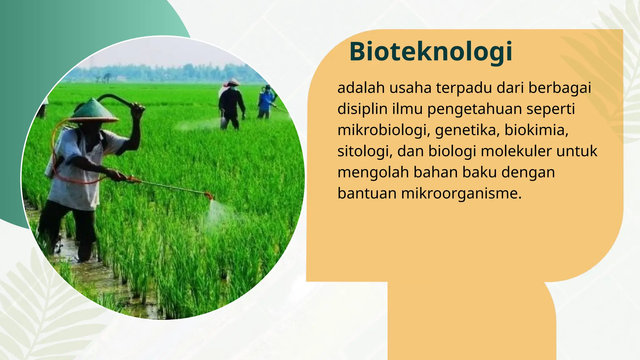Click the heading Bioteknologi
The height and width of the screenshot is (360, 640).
pyautogui.click(x=431, y=52)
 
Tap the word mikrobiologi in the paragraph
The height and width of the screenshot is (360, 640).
pyautogui.click(x=382, y=130)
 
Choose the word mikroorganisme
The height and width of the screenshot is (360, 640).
pyautogui.click(x=461, y=193)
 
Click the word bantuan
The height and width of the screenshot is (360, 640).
pyautogui.click(x=367, y=193)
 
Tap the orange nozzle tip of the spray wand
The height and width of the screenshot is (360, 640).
pyautogui.click(x=209, y=196)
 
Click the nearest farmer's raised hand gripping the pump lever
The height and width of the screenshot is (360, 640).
pyautogui.click(x=137, y=108)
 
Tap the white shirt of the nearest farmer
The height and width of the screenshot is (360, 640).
pyautogui.click(x=75, y=175)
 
